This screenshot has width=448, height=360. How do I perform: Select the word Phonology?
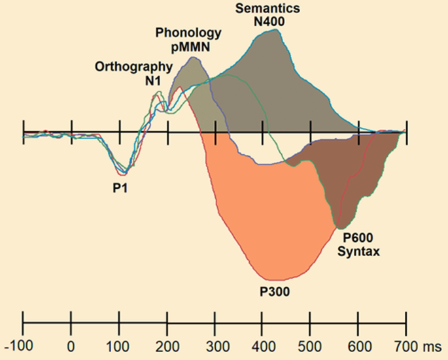189,32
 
